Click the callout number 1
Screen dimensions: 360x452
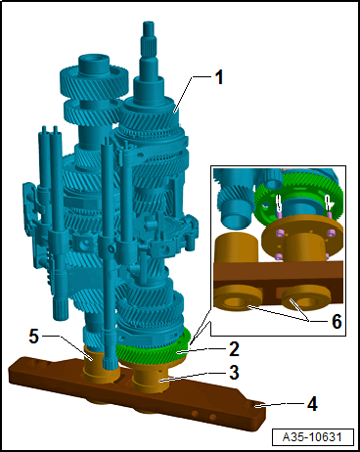click(x=219, y=78)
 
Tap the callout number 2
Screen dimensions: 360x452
click(x=235, y=349)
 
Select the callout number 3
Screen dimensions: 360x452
click(x=234, y=373)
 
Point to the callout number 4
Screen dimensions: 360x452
click(x=312, y=404)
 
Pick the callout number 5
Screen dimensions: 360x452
click(x=34, y=336)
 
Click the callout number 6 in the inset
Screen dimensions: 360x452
click(x=337, y=321)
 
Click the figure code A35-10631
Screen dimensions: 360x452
click(x=312, y=437)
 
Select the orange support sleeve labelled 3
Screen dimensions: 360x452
click(x=151, y=379)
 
